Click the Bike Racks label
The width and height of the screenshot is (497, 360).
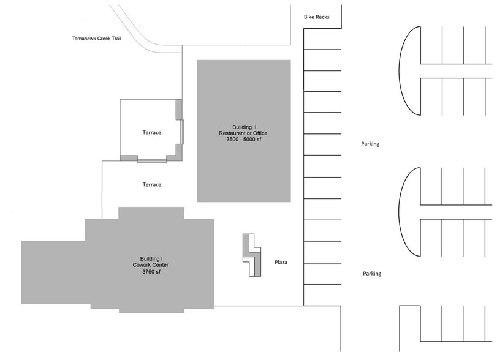coord(316,17)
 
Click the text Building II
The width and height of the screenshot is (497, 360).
coord(243,127)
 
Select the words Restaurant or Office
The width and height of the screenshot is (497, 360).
coord(243,133)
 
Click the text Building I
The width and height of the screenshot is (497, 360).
coord(150,258)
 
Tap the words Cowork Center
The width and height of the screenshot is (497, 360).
coord(150,265)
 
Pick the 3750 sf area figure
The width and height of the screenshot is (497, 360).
coord(150,272)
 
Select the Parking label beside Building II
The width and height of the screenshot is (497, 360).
coord(370,144)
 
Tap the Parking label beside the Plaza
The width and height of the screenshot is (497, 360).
coord(371,274)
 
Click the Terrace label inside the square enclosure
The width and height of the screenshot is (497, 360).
coord(151,133)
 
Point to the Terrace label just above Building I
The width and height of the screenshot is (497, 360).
coord(151,184)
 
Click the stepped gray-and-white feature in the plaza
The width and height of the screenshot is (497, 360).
coord(251,255)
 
